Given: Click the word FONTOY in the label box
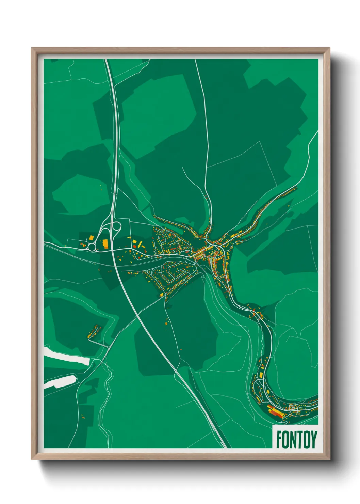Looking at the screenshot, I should tap(296, 439).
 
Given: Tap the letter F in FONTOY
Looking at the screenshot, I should tap(279, 439).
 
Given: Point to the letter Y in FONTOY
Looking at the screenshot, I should tap(314, 439).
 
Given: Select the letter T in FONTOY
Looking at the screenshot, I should tap(299, 439).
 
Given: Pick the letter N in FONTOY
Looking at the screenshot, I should tap(293, 439).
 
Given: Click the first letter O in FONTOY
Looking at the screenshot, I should tap(285, 439).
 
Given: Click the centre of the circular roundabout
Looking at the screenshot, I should tap(92, 247).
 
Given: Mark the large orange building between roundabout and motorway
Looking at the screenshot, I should tap(105, 243).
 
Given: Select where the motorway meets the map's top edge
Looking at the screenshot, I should tap(106, 60).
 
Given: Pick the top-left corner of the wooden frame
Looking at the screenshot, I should tap(32, 48).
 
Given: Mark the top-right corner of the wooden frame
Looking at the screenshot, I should tap(329, 48).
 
